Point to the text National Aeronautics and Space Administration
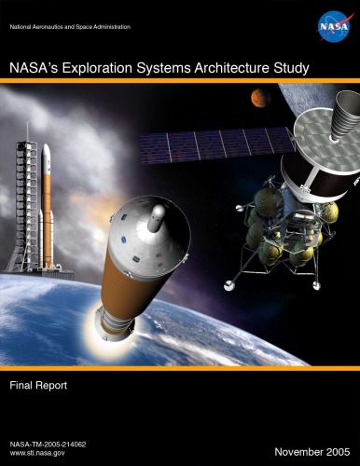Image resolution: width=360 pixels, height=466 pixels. point(69,25)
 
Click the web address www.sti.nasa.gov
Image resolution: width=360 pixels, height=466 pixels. point(37,449)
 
